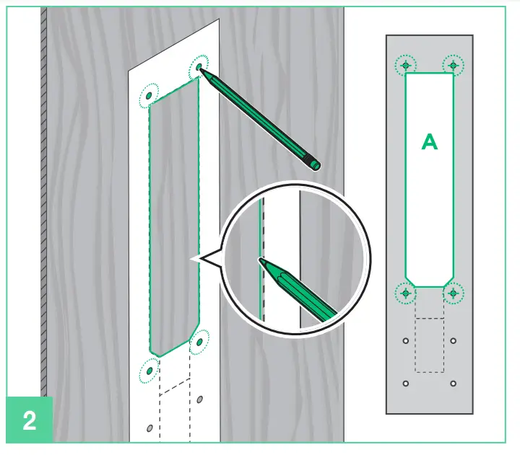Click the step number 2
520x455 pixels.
[29, 420]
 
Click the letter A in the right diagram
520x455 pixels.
[430, 143]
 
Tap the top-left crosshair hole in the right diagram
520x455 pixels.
[407, 66]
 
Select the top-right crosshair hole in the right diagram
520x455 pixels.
[453, 66]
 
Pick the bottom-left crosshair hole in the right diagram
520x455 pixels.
[407, 293]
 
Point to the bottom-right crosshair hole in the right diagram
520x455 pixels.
[453, 293]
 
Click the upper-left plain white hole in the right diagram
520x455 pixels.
[406, 340]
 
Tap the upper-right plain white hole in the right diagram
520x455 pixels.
[454, 340]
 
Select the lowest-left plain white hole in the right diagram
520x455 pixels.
[406, 383]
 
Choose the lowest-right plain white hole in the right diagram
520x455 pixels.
[454, 383]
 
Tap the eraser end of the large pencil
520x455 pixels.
[315, 163]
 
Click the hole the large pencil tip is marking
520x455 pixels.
[199, 68]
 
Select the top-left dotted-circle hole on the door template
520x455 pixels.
[149, 94]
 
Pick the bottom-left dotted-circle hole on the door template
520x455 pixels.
[149, 371]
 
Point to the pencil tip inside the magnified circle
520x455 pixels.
[262, 260]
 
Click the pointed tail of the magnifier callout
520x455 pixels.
[194, 258]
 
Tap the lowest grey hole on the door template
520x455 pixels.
[149, 428]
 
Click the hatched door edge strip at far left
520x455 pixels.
[45, 216]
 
